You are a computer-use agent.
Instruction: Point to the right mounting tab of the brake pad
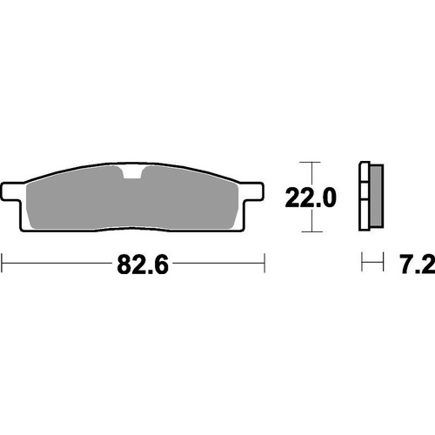[x=253, y=190]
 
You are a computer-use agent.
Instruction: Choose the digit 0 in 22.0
[x=328, y=199]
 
